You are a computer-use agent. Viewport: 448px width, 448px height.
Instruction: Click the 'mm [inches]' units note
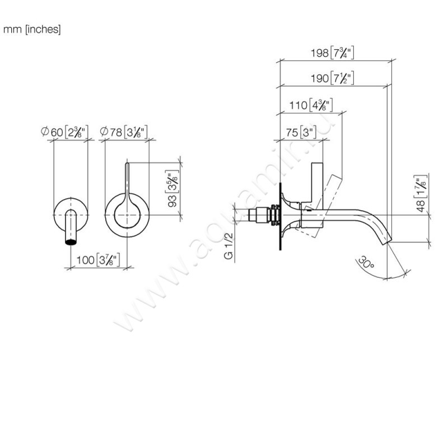coord(32,29)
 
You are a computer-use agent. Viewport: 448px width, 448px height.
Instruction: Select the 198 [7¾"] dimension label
coord(334,54)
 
